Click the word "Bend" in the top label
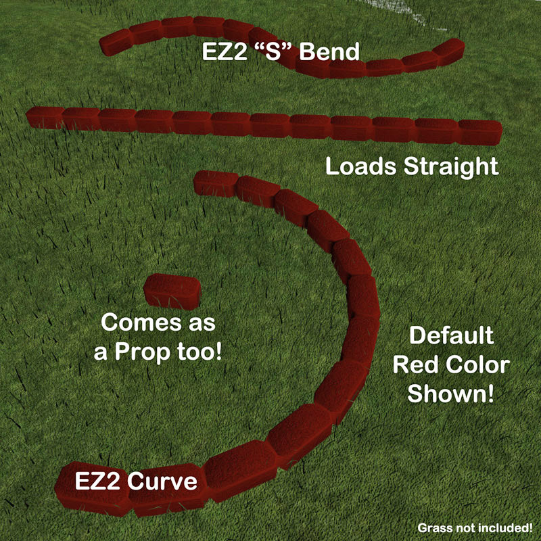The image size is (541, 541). click(x=329, y=52)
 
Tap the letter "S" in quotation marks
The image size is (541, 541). click(x=273, y=52)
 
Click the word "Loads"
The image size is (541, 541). click(x=361, y=166)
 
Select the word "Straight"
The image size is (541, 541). click(x=451, y=167)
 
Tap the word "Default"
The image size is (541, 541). click(x=452, y=335)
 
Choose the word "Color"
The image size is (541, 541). click(x=478, y=364)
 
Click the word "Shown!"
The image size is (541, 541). click(x=450, y=394)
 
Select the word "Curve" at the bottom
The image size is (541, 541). click(x=162, y=481)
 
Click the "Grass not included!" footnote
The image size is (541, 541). click(x=475, y=527)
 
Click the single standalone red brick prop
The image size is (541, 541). click(x=172, y=291)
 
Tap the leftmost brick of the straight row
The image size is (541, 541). click(x=45, y=118)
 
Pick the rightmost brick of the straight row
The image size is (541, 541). click(x=480, y=132)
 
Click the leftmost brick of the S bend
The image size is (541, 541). click(x=116, y=43)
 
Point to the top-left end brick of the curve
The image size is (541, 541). click(x=216, y=183)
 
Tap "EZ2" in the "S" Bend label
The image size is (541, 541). click(x=225, y=52)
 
